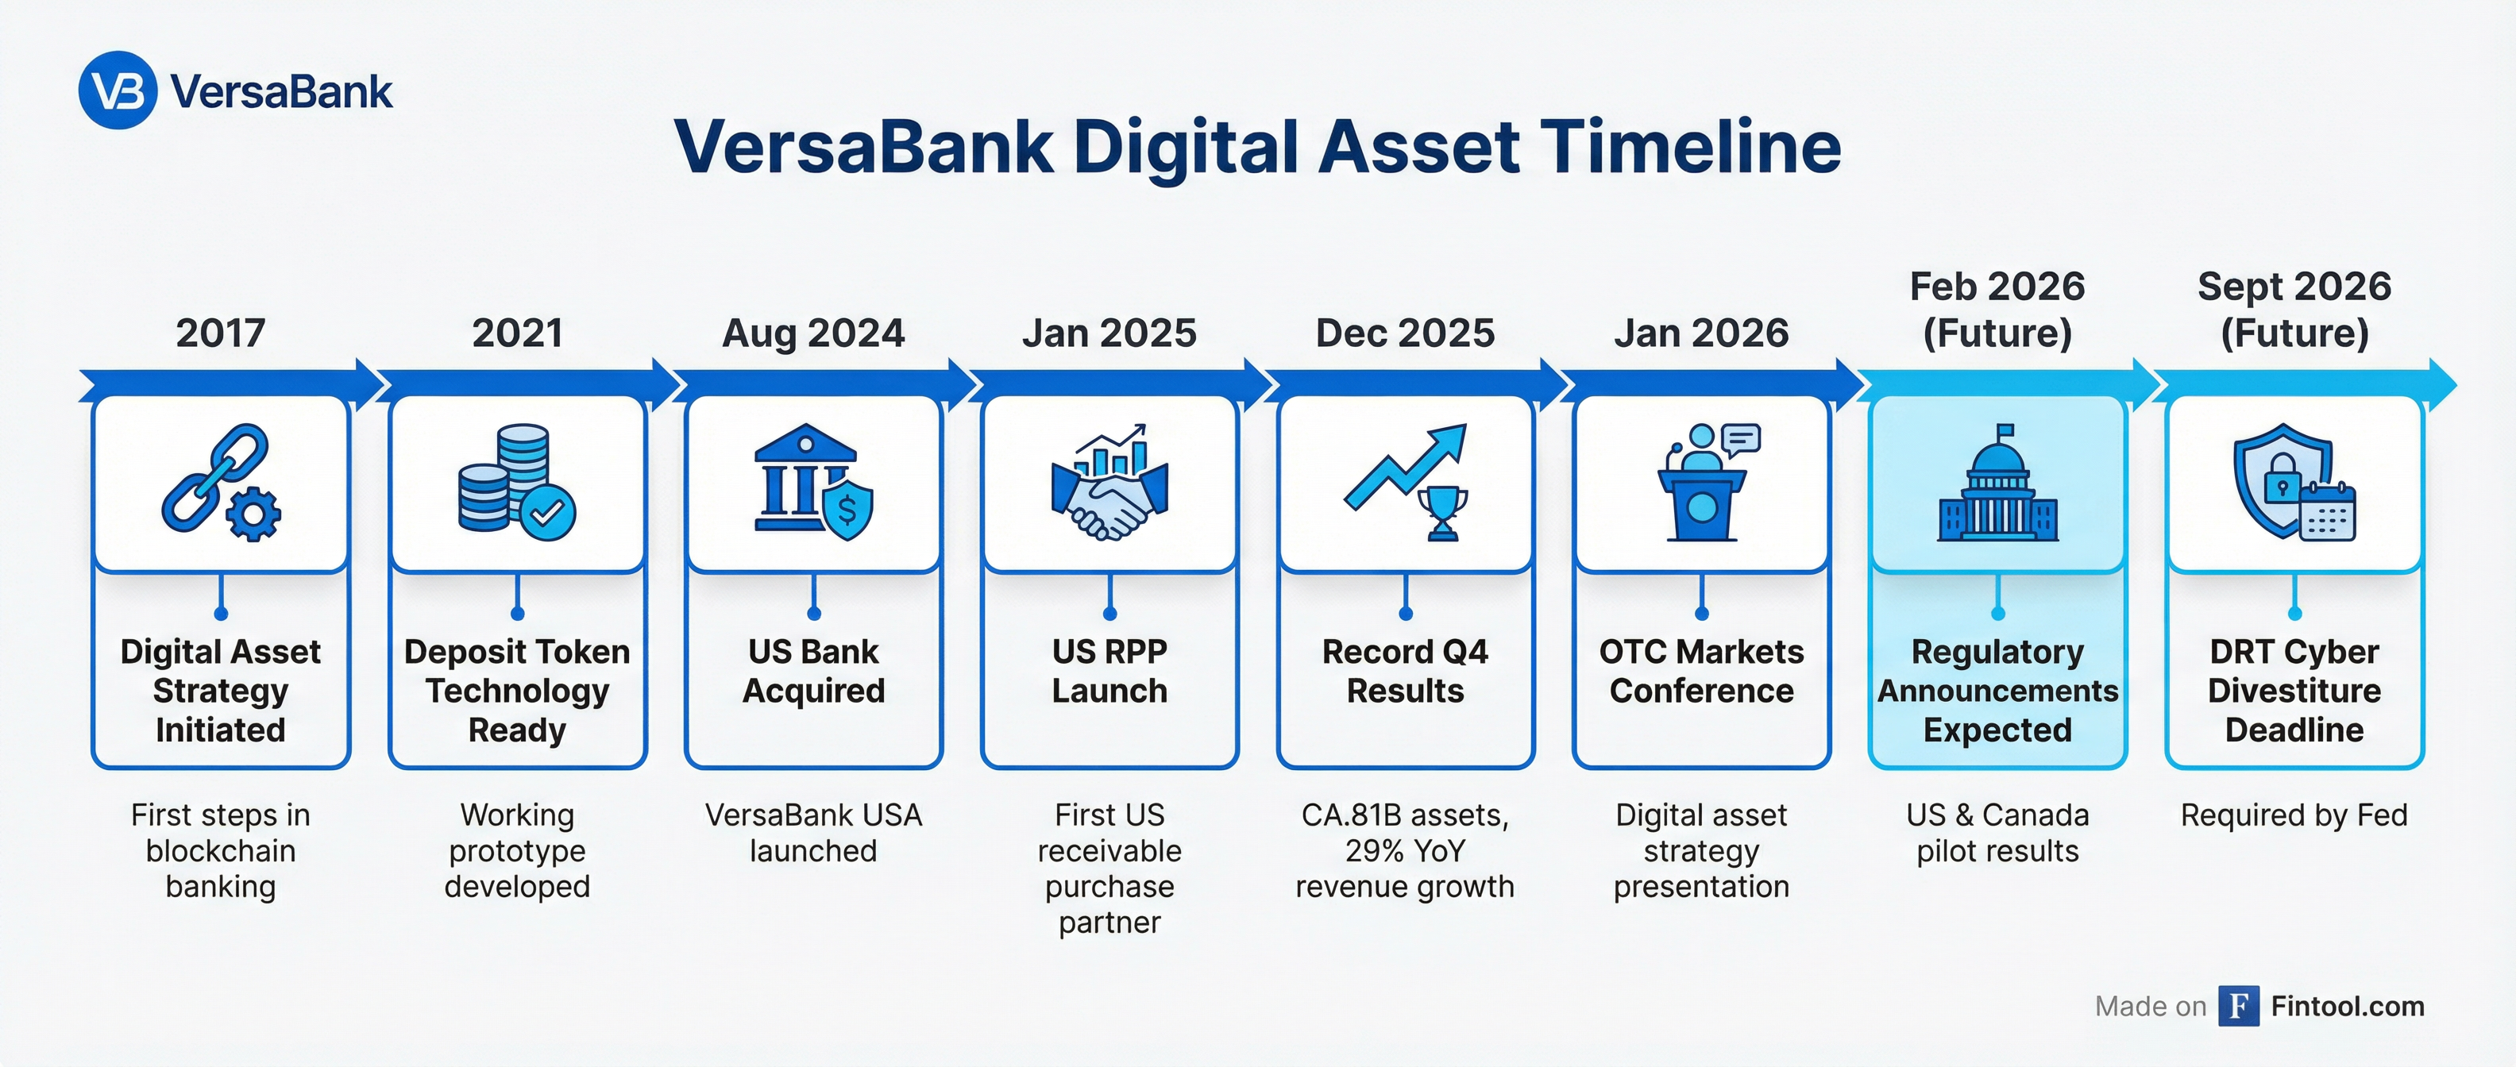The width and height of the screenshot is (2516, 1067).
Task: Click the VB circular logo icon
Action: click(x=118, y=90)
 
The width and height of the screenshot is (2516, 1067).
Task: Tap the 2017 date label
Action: click(x=221, y=333)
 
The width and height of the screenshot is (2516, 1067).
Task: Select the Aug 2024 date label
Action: click(x=813, y=333)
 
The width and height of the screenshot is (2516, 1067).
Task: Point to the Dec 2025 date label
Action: click(x=1406, y=333)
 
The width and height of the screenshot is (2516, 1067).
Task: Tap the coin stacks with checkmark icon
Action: click(x=517, y=482)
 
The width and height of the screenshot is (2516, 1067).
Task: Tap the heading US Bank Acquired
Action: click(x=813, y=671)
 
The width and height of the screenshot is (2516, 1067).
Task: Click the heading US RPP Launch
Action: click(x=1109, y=671)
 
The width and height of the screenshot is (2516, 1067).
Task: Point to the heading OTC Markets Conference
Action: click(x=1701, y=671)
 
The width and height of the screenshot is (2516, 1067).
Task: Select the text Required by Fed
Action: click(x=2294, y=815)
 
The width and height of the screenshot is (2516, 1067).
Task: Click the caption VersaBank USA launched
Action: click(x=813, y=833)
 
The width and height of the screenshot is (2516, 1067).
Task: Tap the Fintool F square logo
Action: click(x=2239, y=1006)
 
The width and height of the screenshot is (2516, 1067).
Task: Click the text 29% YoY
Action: click(x=1406, y=851)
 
